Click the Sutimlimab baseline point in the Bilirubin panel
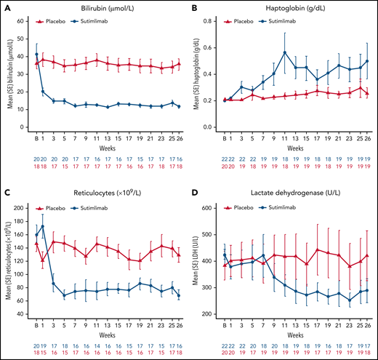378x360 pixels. point(37,55)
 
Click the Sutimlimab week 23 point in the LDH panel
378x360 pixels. point(350,300)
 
